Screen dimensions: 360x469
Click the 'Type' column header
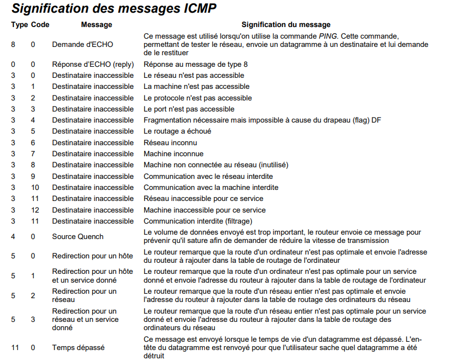[x=19, y=24]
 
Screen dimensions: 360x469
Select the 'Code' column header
[x=40, y=24]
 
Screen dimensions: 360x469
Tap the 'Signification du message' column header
[x=286, y=24]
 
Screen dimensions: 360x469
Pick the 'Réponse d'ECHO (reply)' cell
[x=93, y=64]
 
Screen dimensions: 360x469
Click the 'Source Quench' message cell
[x=78, y=236]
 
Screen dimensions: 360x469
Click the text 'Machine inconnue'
[x=173, y=153]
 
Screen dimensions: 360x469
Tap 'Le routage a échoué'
[x=177, y=131]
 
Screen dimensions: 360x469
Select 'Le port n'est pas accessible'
[x=189, y=109]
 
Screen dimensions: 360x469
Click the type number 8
[x=13, y=44]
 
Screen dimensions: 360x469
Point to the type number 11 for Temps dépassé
[x=15, y=347]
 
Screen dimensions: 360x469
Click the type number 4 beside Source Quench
[x=13, y=236]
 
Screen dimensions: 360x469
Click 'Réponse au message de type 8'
[x=196, y=64]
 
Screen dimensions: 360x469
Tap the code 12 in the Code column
[x=35, y=210]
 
